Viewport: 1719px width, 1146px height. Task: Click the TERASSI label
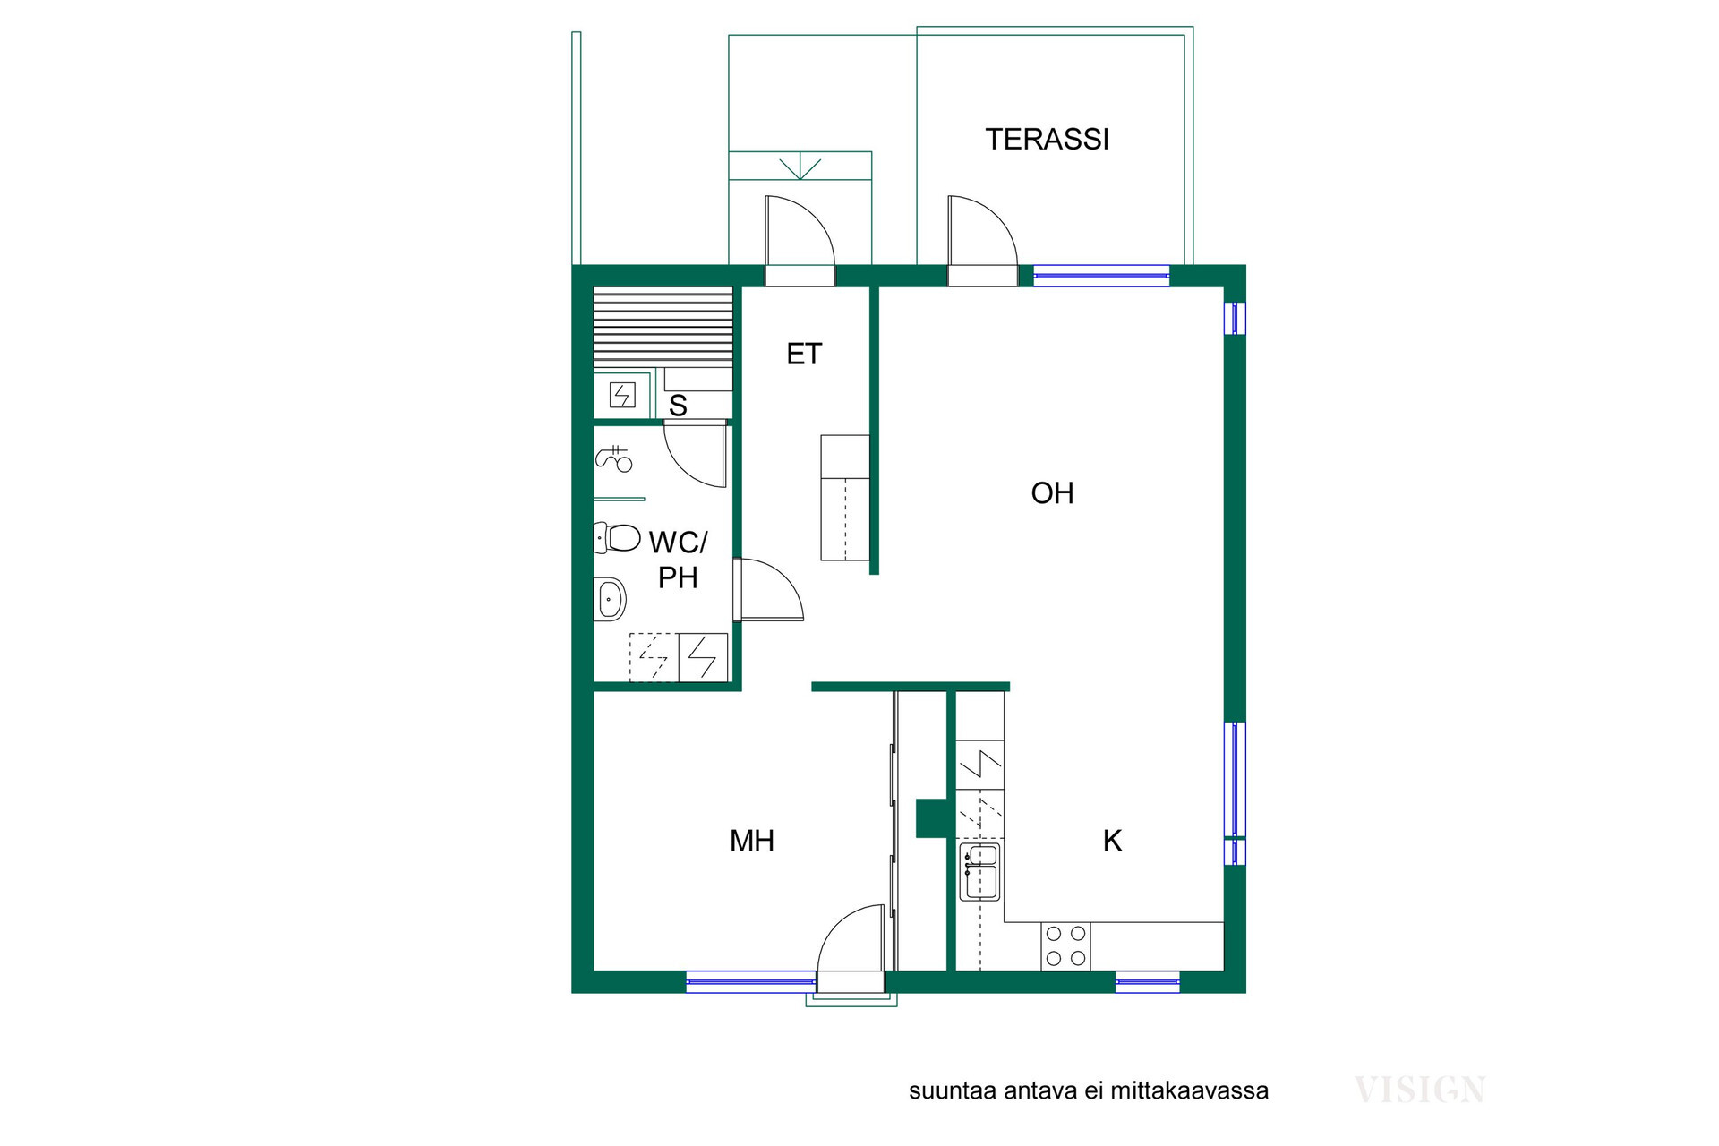pyautogui.click(x=1047, y=139)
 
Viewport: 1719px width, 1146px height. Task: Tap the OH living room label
pyautogui.click(x=1052, y=493)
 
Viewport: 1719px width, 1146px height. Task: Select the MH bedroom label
pyautogui.click(x=752, y=841)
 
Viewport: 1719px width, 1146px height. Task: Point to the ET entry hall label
pyautogui.click(x=804, y=355)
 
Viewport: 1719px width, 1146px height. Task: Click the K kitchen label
pyautogui.click(x=1112, y=841)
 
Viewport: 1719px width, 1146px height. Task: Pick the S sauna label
pyautogui.click(x=678, y=406)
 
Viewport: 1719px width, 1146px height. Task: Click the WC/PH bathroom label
pyautogui.click(x=678, y=560)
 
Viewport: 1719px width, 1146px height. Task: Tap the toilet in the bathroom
pyautogui.click(x=617, y=538)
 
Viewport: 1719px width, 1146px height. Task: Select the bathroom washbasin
pyautogui.click(x=610, y=597)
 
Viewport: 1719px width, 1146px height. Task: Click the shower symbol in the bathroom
pyautogui.click(x=614, y=459)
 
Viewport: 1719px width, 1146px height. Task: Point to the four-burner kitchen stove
pyautogui.click(x=1066, y=945)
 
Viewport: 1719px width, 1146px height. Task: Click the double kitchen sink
pyautogui.click(x=979, y=870)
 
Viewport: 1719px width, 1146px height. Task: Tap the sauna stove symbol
pyautogui.click(x=622, y=395)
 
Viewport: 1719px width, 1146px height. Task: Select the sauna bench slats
pyautogui.click(x=663, y=328)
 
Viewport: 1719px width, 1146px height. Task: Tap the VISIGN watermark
pyautogui.click(x=1420, y=1090)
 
